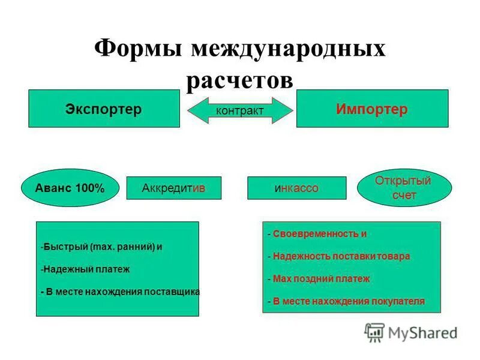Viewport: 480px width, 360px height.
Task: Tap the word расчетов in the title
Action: click(240, 80)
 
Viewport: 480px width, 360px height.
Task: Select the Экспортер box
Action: click(104, 109)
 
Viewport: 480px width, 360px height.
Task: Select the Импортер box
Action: click(372, 109)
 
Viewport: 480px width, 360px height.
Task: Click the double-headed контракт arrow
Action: click(240, 110)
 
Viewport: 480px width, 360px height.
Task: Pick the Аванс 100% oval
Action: click(66, 188)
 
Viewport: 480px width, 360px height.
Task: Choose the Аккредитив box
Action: click(174, 188)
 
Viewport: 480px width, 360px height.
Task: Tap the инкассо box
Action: click(296, 188)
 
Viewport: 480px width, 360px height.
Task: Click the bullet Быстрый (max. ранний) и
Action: click(102, 247)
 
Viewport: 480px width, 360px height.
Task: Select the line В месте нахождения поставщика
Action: click(120, 292)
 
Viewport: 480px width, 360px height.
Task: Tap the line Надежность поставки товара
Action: click(339, 256)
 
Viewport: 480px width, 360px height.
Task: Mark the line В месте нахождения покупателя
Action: click(346, 301)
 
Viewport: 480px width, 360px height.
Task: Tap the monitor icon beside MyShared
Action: click(375, 332)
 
